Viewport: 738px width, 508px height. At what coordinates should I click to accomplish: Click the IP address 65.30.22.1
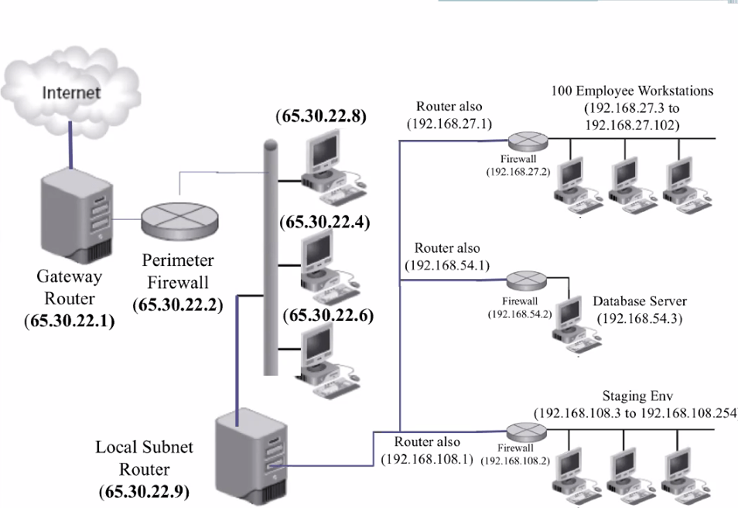click(x=70, y=321)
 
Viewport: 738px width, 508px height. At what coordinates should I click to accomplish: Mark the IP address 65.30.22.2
click(x=178, y=304)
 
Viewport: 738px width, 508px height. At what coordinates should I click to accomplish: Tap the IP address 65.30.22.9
click(x=144, y=491)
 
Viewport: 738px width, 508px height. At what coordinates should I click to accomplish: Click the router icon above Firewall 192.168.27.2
click(x=528, y=141)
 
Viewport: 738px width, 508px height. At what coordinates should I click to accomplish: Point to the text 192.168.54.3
click(x=639, y=318)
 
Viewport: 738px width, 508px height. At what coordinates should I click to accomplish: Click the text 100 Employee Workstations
click(x=631, y=90)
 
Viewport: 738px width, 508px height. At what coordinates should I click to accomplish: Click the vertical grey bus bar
click(x=270, y=255)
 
